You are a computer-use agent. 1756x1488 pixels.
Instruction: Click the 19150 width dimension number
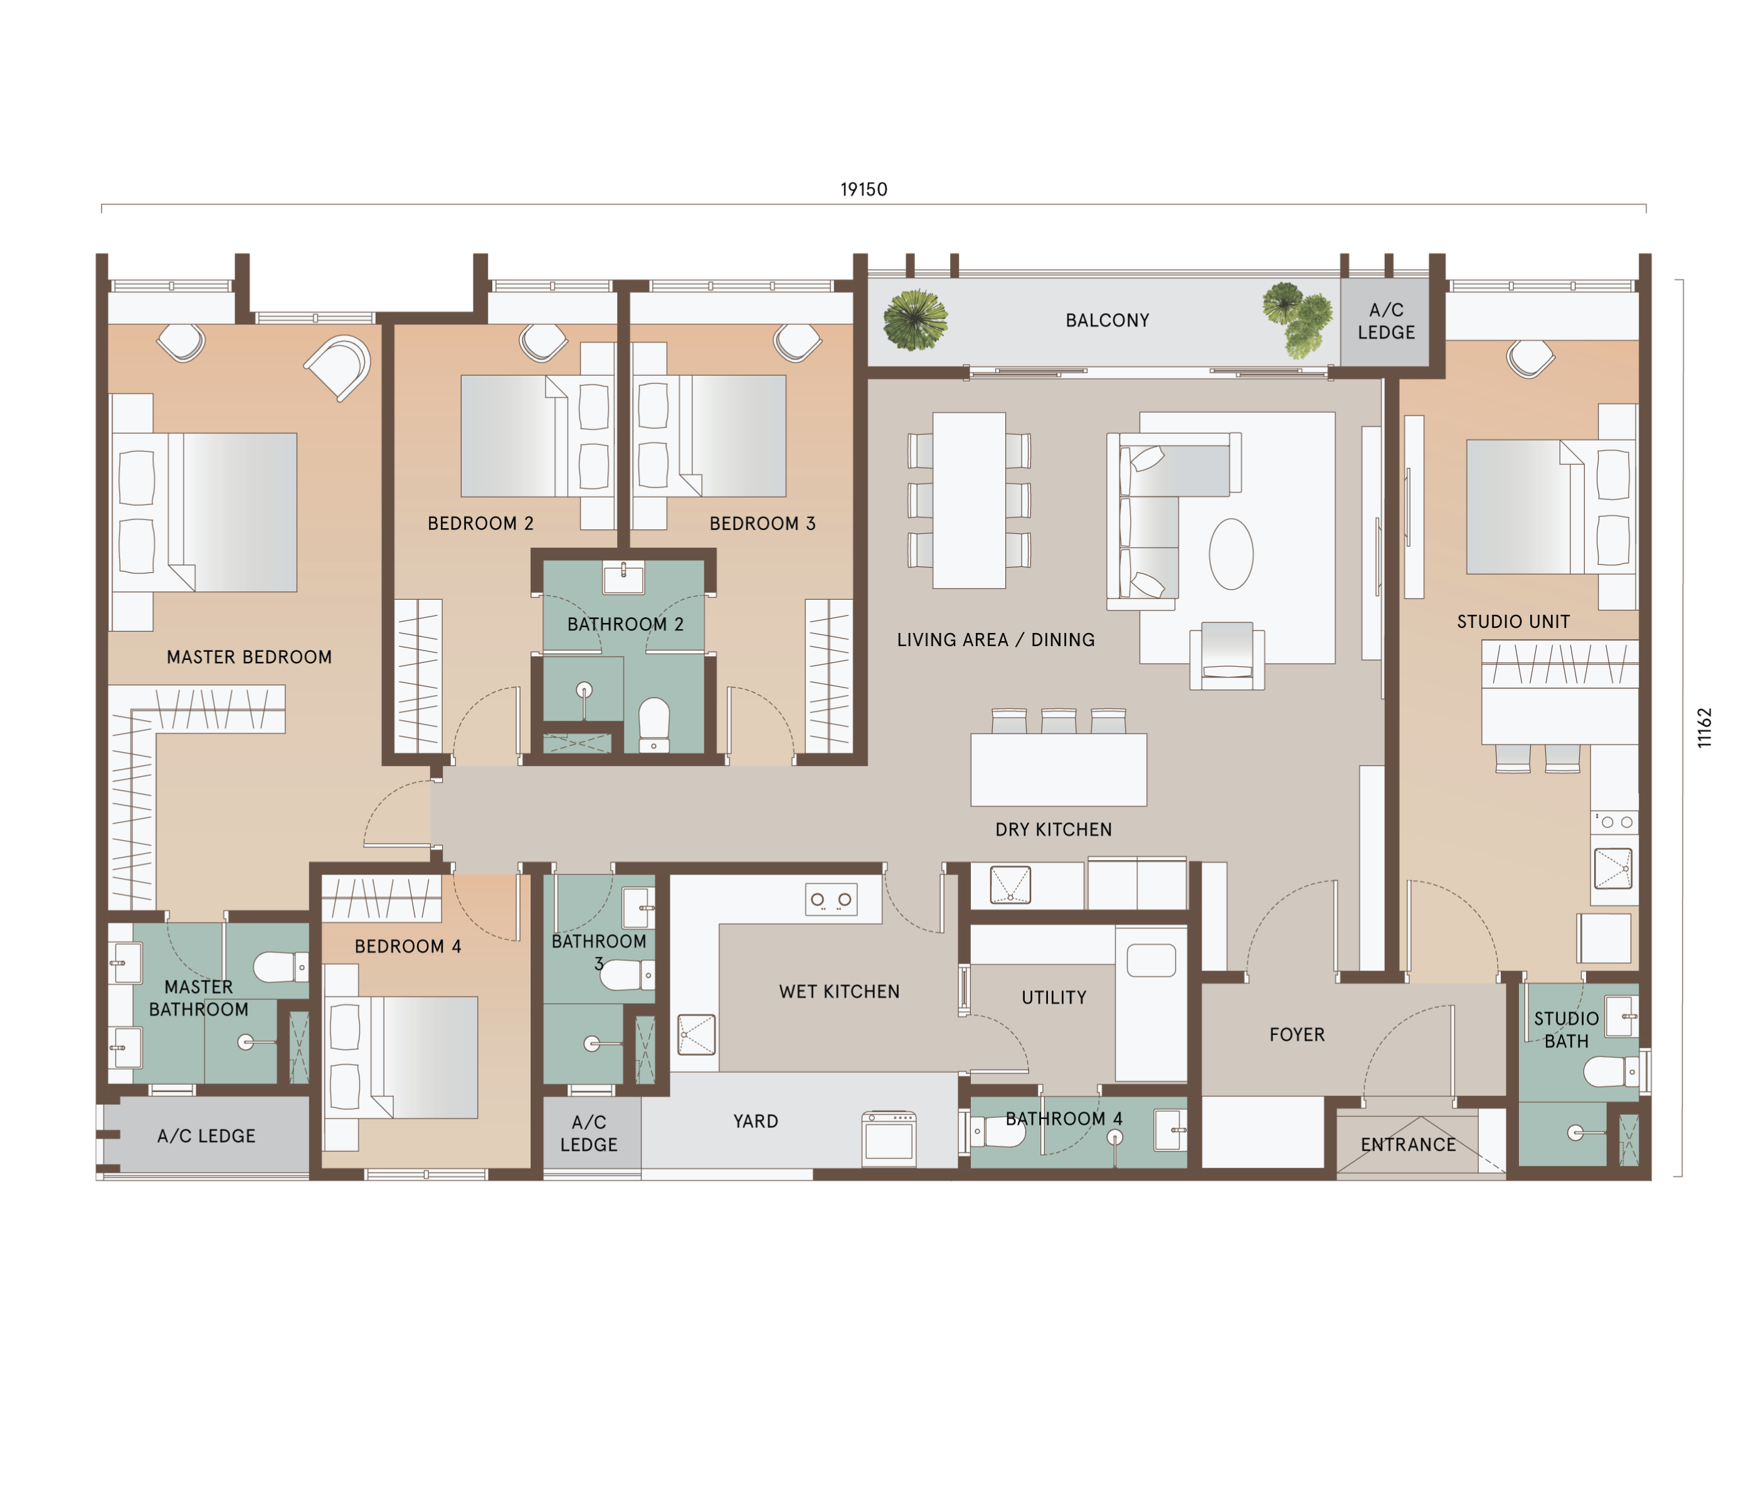pyautogui.click(x=863, y=189)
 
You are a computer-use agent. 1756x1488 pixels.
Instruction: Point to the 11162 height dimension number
pyautogui.click(x=1705, y=727)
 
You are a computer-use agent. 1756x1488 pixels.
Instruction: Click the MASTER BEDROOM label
pyautogui.click(x=249, y=657)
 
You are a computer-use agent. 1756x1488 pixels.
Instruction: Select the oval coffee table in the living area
pyautogui.click(x=1230, y=553)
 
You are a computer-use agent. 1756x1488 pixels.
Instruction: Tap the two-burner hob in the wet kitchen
pyautogui.click(x=831, y=900)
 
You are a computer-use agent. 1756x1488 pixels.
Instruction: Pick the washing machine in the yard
pyautogui.click(x=888, y=1139)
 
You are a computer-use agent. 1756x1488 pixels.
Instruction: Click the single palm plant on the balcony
pyautogui.click(x=915, y=320)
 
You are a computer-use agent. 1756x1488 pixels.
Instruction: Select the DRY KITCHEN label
pyautogui.click(x=1054, y=830)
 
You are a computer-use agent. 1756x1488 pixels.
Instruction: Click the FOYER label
pyautogui.click(x=1296, y=1035)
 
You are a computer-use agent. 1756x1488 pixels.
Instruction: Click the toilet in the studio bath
pyautogui.click(x=1611, y=1072)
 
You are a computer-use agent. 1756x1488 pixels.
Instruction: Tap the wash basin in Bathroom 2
pyautogui.click(x=623, y=578)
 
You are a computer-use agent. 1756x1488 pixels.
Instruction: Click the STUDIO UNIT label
pyautogui.click(x=1513, y=622)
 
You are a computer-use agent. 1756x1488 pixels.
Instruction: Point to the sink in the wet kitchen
pyautogui.click(x=697, y=1035)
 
